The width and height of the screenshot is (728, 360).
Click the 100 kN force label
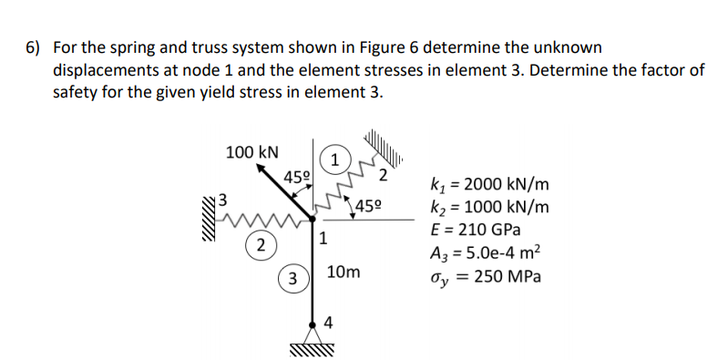252,151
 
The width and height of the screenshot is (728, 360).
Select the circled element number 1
336,159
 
